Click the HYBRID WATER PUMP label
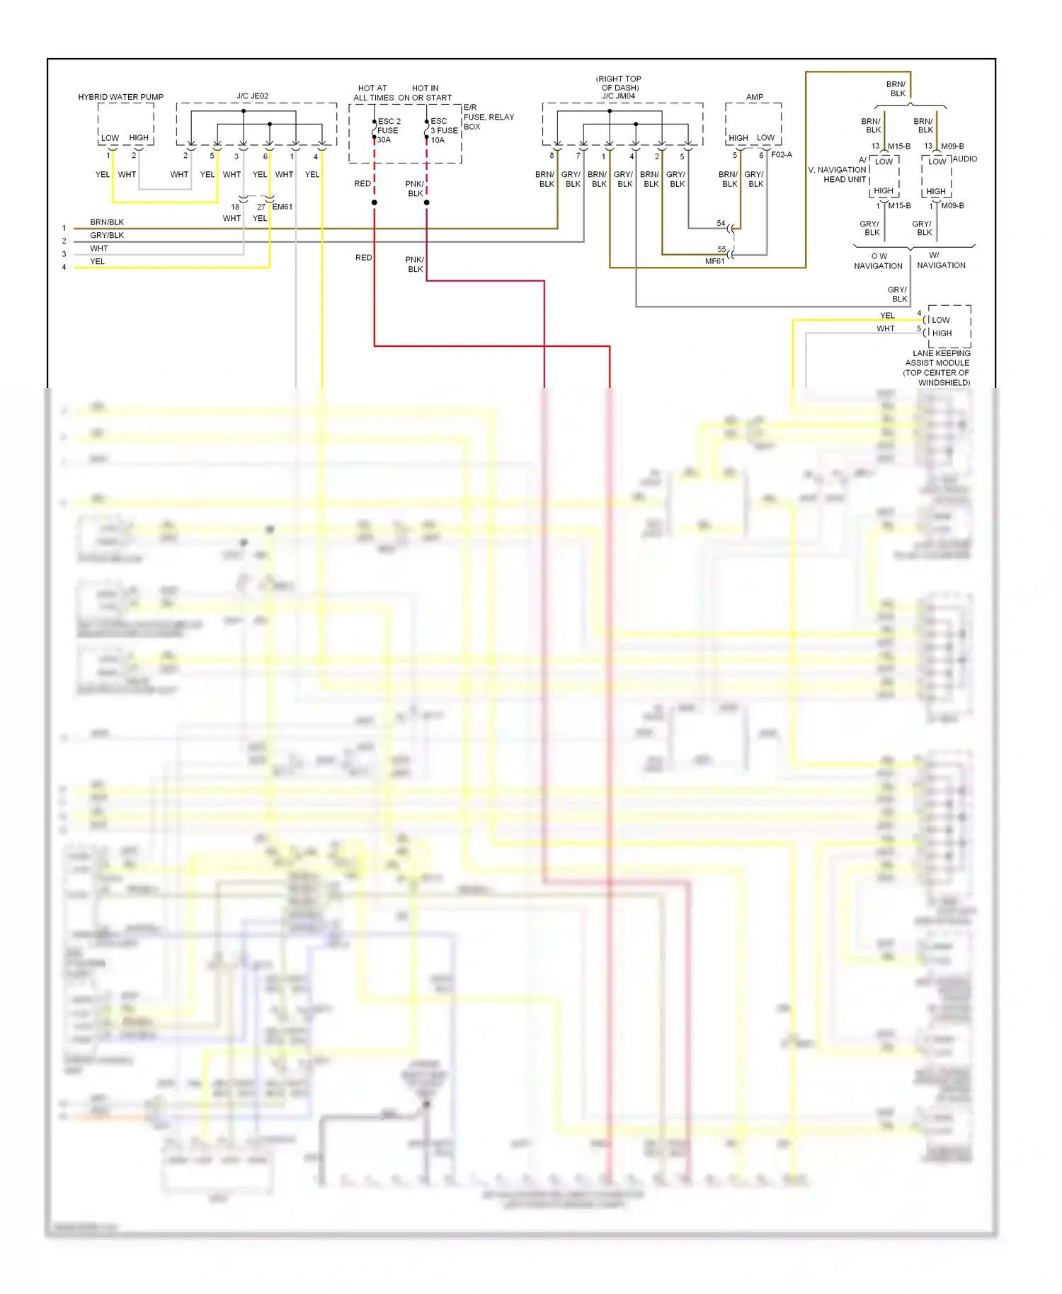coord(120,97)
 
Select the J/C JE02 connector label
coord(252,96)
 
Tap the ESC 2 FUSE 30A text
coord(389,130)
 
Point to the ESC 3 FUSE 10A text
coord(443,130)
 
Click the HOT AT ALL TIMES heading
coord(373,93)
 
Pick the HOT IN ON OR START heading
coord(425,93)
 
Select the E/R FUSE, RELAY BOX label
coord(488,117)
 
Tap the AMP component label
coord(754,97)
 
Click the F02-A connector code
coord(781,154)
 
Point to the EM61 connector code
coord(282,207)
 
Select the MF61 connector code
coord(714,261)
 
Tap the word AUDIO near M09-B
coord(964,159)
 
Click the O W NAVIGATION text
coord(878,261)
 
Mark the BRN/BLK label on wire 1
coord(107,222)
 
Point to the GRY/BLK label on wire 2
coord(107,235)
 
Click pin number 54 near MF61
coord(721,223)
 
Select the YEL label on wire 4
coord(97,261)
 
